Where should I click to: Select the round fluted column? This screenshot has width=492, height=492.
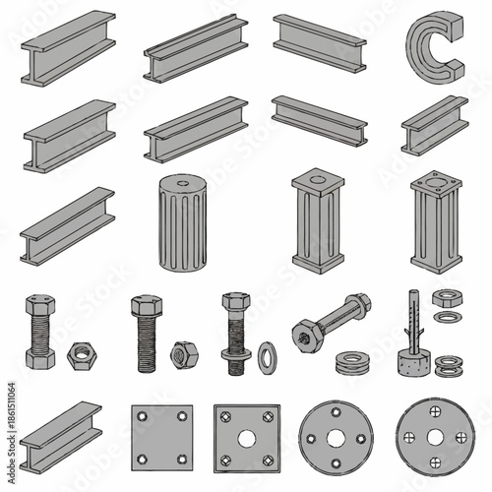(183, 223)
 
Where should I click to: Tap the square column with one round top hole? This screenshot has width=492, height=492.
(318, 222)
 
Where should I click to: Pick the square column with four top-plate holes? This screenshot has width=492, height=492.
(436, 222)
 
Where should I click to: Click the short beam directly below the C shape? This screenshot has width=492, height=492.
(434, 125)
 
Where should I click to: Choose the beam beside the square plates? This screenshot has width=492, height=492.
(61, 436)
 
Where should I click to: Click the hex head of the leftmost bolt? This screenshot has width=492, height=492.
(39, 304)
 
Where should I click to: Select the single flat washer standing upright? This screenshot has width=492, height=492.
(267, 357)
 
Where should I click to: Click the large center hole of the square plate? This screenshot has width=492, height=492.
(247, 439)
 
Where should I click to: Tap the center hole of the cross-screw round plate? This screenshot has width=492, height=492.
(436, 438)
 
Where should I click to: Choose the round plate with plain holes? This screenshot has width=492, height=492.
(337, 438)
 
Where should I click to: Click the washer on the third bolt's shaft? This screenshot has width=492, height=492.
(236, 351)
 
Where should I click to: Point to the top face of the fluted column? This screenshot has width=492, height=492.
(183, 184)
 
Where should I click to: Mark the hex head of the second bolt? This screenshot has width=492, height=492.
(146, 305)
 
